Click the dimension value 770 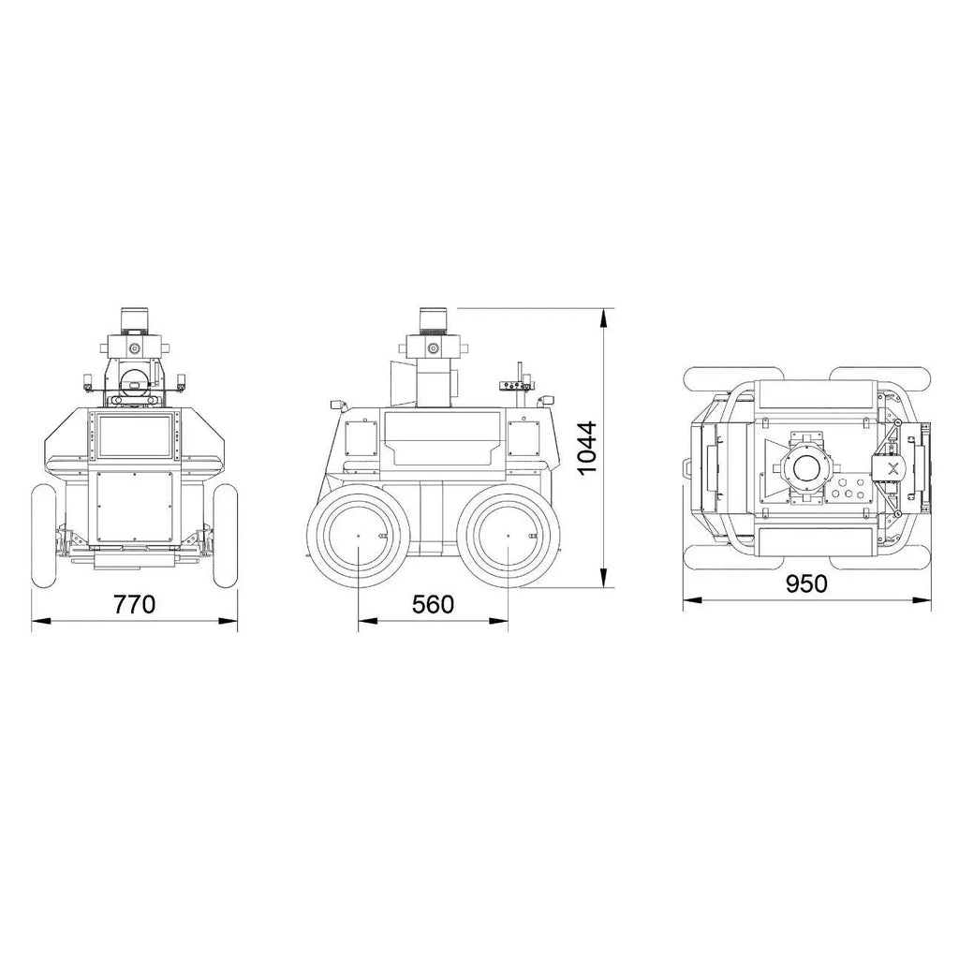[135, 604]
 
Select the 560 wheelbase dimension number [433, 604]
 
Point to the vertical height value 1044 [587, 448]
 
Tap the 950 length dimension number [806, 583]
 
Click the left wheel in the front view [43, 536]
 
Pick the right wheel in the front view [225, 536]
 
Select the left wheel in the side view [358, 535]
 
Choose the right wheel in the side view [509, 535]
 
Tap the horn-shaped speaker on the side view [403, 382]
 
